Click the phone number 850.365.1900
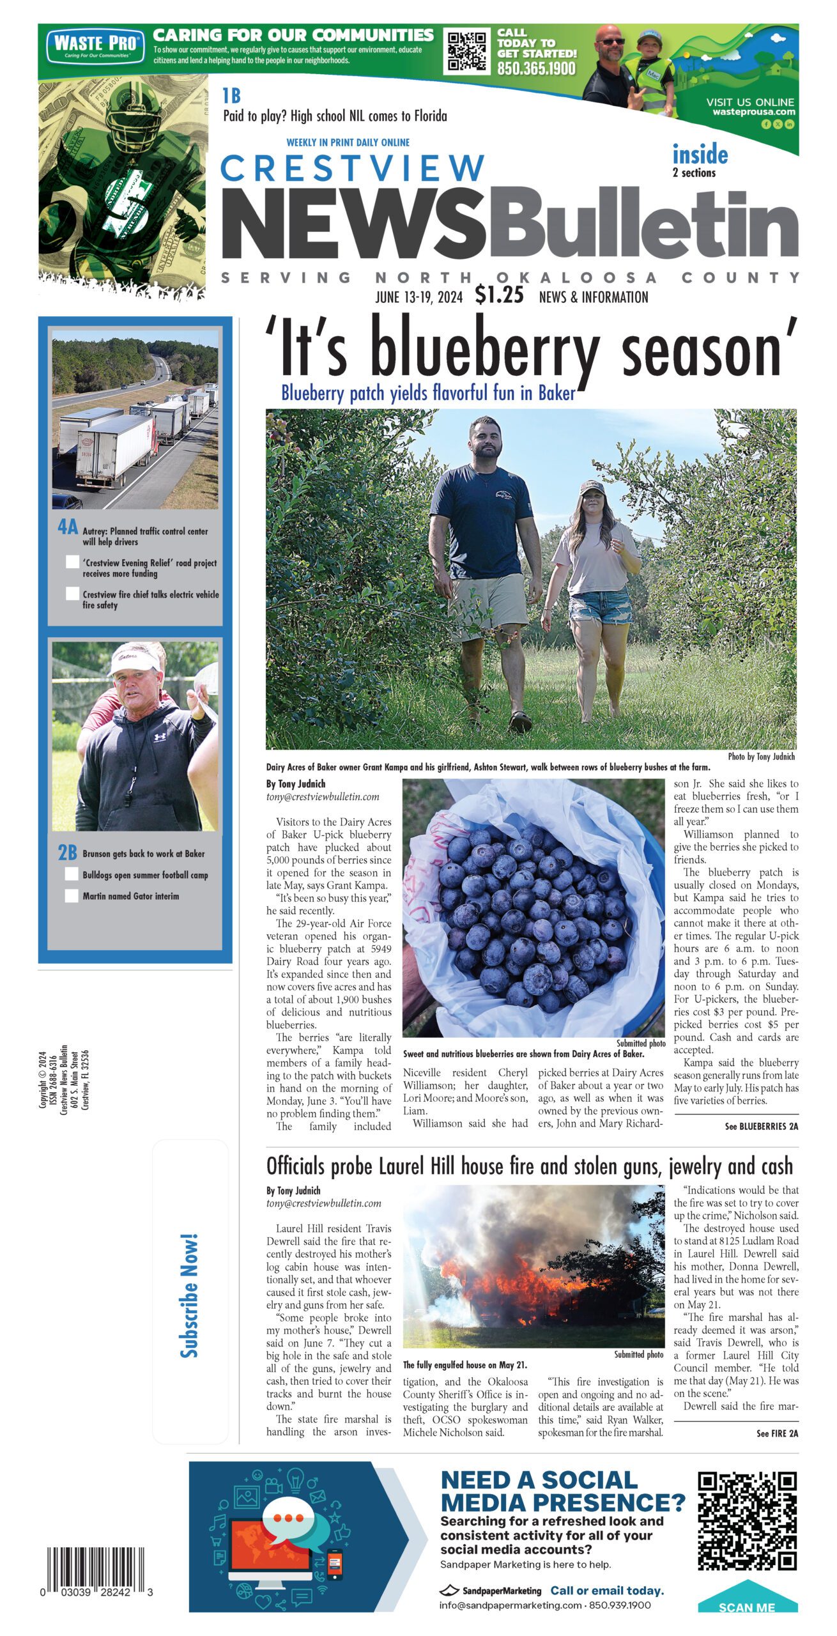(x=536, y=68)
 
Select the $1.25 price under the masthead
(x=499, y=295)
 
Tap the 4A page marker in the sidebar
(x=67, y=527)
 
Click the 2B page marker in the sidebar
(x=67, y=853)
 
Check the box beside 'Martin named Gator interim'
(x=72, y=895)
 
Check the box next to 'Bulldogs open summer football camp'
(x=72, y=874)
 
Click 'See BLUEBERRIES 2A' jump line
(x=761, y=1126)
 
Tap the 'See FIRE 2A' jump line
(x=777, y=1433)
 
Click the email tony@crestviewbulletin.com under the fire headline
(x=323, y=1203)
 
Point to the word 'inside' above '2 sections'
(x=700, y=155)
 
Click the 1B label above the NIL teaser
(x=231, y=96)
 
